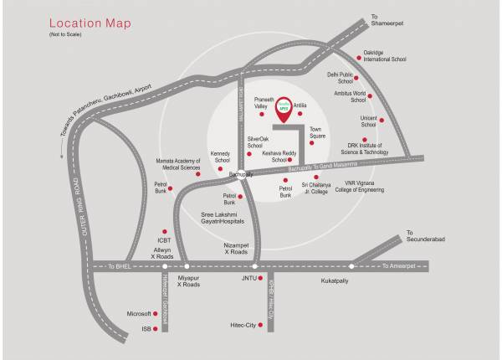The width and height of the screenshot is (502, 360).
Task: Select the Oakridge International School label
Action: (x=385, y=56)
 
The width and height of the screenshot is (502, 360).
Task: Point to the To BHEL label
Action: (x=121, y=266)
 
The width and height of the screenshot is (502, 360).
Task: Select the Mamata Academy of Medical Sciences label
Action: (x=177, y=164)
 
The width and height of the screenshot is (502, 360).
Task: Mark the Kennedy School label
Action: (x=221, y=157)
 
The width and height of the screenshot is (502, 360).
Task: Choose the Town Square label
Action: (x=317, y=132)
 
